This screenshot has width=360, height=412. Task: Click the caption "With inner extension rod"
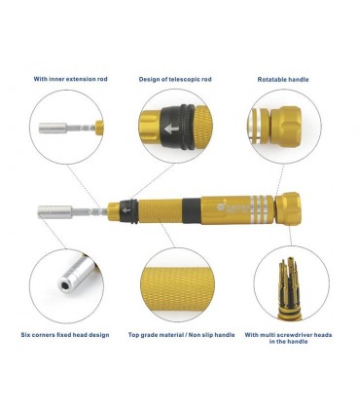[70, 79]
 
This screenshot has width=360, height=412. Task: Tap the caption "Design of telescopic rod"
[175, 79]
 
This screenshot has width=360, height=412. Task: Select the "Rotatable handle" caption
[283, 79]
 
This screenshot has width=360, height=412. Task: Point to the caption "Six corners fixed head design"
[65, 335]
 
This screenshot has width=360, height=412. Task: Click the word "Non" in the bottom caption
[198, 335]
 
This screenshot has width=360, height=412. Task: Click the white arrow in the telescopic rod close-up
[171, 130]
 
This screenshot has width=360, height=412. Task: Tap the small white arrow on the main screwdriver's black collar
[126, 210]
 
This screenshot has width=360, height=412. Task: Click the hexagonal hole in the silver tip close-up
[64, 285]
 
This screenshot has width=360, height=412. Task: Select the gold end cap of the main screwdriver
[287, 208]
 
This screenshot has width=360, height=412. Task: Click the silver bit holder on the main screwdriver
[54, 211]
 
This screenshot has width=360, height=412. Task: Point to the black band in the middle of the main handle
[192, 210]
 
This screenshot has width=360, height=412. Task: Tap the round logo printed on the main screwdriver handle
[220, 207]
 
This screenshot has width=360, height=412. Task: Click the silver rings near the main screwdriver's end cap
[261, 209]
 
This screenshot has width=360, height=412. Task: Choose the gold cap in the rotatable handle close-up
[286, 127]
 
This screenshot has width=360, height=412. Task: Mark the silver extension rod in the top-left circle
[66, 128]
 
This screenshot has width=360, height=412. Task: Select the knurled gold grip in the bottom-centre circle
[177, 289]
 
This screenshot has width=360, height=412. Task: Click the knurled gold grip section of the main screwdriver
[161, 211]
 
